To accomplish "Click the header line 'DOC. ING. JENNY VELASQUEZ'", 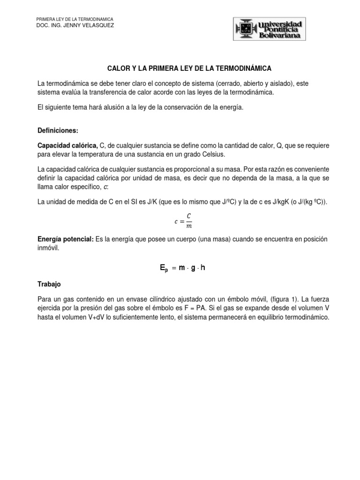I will [x=75, y=25].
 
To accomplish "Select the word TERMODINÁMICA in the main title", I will [x=243, y=68].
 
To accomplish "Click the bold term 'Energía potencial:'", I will [x=65, y=240].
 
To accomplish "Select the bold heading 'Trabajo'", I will [x=49, y=284].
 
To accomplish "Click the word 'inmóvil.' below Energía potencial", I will [x=48, y=248].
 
